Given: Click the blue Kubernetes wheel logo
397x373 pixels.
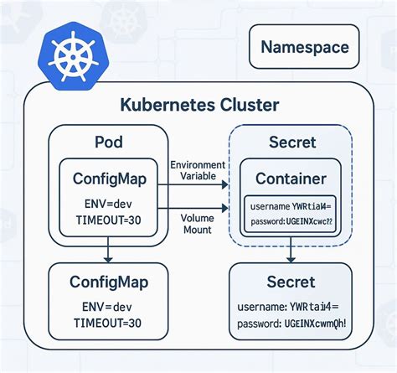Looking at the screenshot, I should [x=70, y=55].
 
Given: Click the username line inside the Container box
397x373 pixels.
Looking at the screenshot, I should [x=289, y=205].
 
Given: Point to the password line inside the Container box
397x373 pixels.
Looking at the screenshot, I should [x=289, y=221].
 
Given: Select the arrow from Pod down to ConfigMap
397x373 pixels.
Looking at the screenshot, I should [x=107, y=251].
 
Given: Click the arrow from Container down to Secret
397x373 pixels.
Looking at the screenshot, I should [x=290, y=249].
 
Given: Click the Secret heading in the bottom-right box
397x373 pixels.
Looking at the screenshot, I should [x=291, y=282].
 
